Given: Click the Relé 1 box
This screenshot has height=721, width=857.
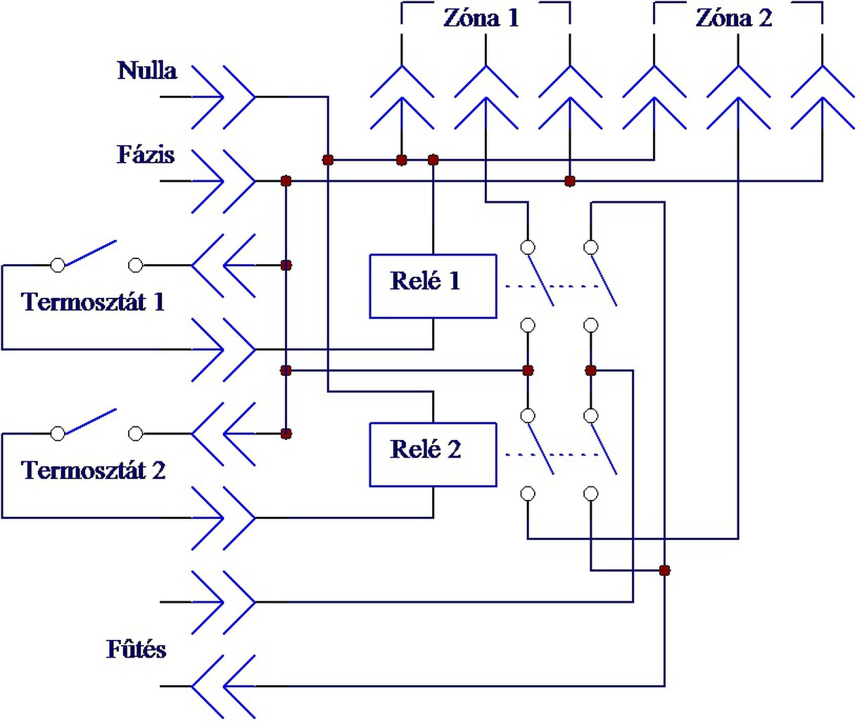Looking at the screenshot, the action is pyautogui.click(x=433, y=287).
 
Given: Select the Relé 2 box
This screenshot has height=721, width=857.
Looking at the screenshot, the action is pyautogui.click(x=433, y=455).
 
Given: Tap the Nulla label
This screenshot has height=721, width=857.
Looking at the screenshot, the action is pyautogui.click(x=147, y=70).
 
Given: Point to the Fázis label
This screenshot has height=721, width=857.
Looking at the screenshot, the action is pyautogui.click(x=146, y=155).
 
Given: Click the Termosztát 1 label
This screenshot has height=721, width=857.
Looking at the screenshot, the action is pyautogui.click(x=93, y=302).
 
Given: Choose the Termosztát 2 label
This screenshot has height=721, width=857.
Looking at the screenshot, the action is pyautogui.click(x=93, y=470).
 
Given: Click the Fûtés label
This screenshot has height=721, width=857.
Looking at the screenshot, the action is pyautogui.click(x=137, y=649).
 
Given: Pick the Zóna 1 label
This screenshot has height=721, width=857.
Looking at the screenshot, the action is pyautogui.click(x=481, y=18).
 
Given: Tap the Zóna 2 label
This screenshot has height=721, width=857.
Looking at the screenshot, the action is pyautogui.click(x=734, y=18).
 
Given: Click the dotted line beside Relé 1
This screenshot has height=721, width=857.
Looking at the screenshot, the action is pyautogui.click(x=552, y=287).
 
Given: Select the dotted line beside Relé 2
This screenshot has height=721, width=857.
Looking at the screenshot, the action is pyautogui.click(x=552, y=455).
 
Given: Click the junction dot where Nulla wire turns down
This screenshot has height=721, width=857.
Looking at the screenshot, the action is pyautogui.click(x=328, y=160).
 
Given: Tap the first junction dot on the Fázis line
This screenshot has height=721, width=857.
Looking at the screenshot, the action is pyautogui.click(x=286, y=181).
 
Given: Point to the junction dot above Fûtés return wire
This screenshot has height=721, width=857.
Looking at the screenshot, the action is pyautogui.click(x=664, y=570).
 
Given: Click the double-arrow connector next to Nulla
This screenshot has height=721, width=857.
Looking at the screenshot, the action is pyautogui.click(x=223, y=97).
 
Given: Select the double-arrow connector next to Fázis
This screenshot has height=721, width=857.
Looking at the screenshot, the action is pyautogui.click(x=223, y=181).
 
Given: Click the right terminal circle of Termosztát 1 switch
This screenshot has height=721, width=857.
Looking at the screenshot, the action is pyautogui.click(x=135, y=265).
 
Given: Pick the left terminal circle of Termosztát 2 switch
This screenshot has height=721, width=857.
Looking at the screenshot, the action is pyautogui.click(x=58, y=434).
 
